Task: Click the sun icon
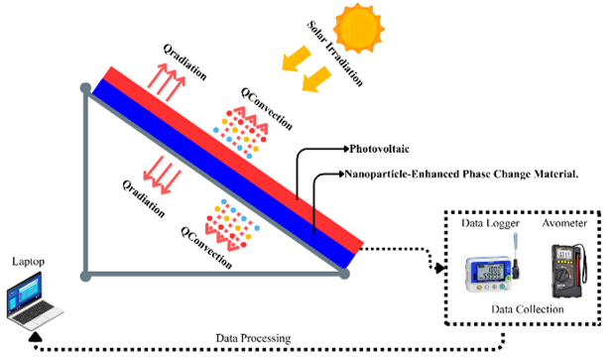pos(358,28)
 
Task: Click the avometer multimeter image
pos(568,271)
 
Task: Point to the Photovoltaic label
pos(379,149)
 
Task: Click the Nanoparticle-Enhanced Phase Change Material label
pos(461,174)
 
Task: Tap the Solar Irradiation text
pos(335,54)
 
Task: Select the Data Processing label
pos(253,338)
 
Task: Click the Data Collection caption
pos(528,309)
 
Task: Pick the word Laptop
pos(28,262)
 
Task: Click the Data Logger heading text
pos(491,223)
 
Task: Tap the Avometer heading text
pos(564,223)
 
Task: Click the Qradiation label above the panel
pos(184,61)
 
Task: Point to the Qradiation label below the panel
pos(144,198)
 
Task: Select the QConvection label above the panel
pos(267,109)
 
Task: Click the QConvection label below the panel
pos(206,248)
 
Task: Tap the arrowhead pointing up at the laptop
pos(36,336)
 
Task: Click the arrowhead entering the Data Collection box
pos(439,268)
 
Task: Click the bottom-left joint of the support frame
pos(85,276)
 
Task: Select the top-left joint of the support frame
pos(85,88)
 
